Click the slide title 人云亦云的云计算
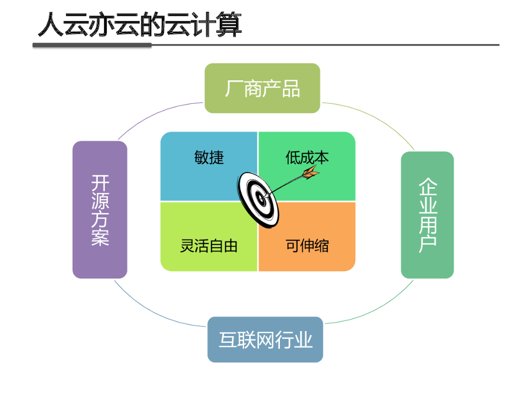[140, 25]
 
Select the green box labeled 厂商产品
[263, 88]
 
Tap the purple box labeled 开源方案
[100, 210]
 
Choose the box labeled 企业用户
[427, 215]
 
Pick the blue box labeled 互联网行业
[265, 340]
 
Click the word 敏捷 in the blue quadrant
[209, 158]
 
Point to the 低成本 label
[307, 158]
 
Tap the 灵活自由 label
[209, 246]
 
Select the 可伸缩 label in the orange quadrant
[307, 246]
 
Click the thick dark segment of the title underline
[92, 45]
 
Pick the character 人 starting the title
[51, 25]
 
